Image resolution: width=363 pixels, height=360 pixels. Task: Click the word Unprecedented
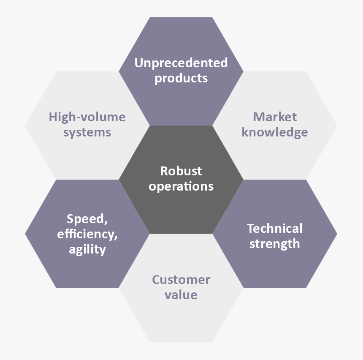tap(181, 63)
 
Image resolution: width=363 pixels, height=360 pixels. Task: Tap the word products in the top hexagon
tap(181, 78)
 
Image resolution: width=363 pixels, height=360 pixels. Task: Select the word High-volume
tap(87, 117)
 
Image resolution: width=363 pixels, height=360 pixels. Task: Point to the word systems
tap(87, 132)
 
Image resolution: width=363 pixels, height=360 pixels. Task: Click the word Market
tap(275, 117)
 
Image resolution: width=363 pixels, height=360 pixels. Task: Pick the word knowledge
tap(275, 132)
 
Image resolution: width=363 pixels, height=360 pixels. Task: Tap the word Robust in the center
tap(181, 171)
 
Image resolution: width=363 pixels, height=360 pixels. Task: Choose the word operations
tap(181, 186)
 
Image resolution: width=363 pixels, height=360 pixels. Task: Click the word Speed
tap(87, 219)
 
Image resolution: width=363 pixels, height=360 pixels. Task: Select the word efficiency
tap(87, 234)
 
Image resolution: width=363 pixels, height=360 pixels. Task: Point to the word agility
tap(87, 249)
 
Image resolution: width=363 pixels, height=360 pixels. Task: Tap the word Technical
tap(275, 228)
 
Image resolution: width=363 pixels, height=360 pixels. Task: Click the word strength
tap(275, 244)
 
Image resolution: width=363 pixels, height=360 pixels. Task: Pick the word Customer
tap(181, 279)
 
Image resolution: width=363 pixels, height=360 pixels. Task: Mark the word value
tap(181, 295)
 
